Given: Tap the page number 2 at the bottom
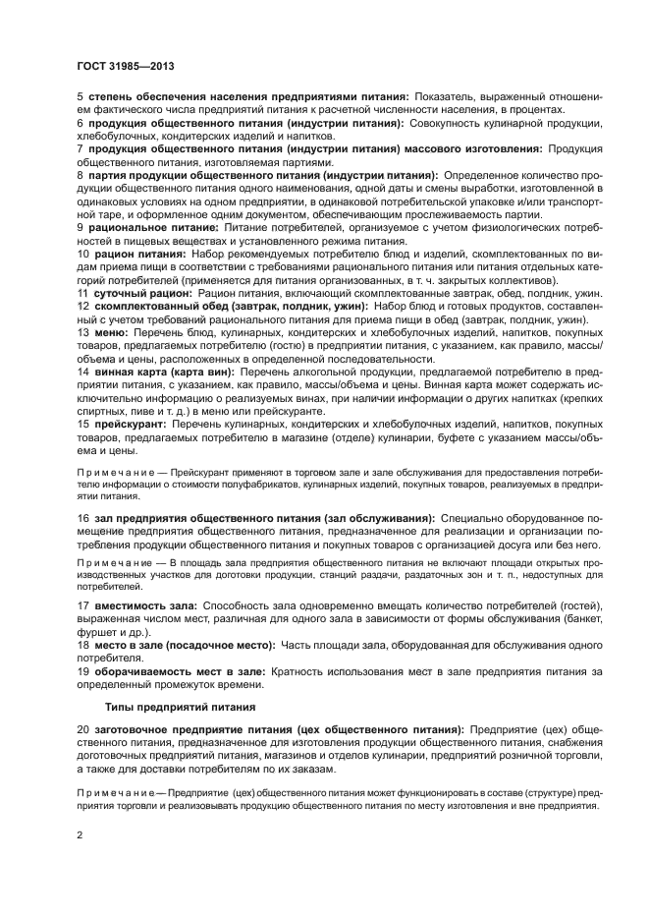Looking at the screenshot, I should [x=80, y=835].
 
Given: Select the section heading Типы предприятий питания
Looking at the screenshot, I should [x=167, y=707].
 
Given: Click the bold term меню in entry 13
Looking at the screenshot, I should [x=110, y=332].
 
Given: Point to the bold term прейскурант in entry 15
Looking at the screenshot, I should [x=128, y=422].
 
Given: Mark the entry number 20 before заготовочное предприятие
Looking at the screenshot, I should [x=83, y=730].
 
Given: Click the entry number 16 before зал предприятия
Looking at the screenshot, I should [x=83, y=517].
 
